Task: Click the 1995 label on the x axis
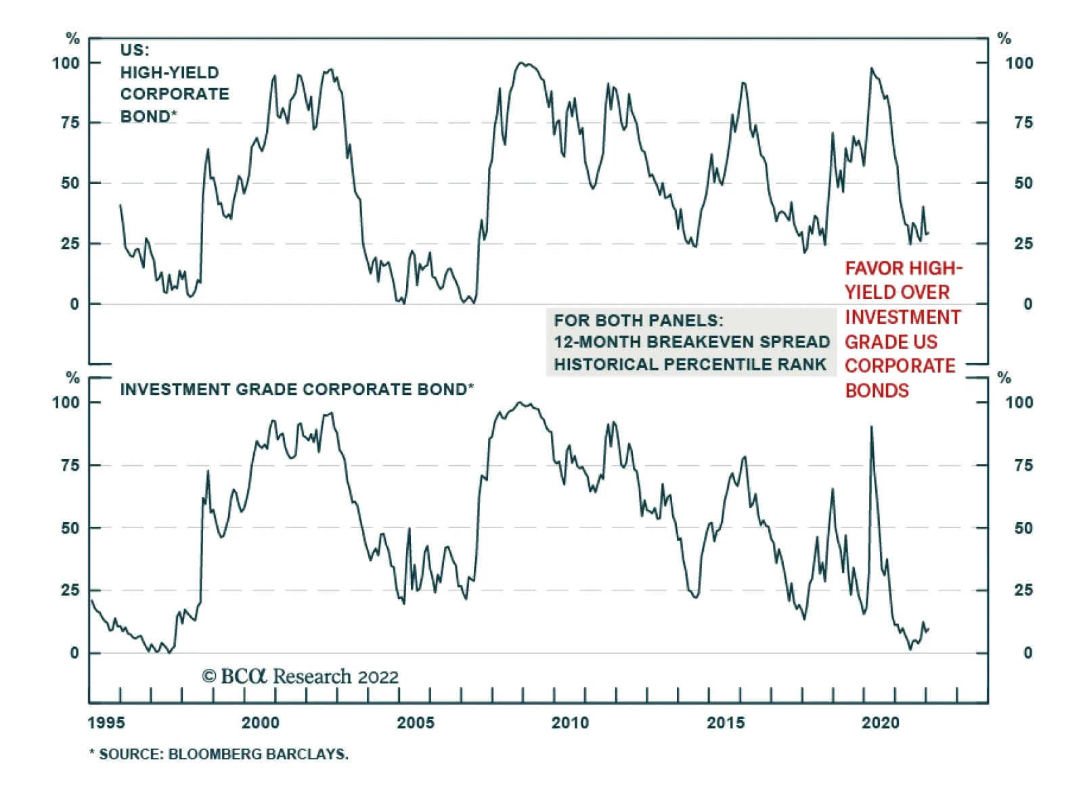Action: tap(106, 723)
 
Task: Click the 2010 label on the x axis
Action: tap(570, 723)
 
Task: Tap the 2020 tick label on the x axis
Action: tap(880, 723)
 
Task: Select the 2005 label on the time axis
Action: tap(416, 723)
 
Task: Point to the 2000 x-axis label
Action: tap(261, 723)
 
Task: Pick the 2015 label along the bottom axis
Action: tap(726, 723)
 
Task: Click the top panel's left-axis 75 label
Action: tap(70, 122)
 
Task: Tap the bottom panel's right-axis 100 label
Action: tap(1019, 402)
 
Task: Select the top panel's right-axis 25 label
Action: tap(1023, 243)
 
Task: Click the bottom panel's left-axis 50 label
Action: tap(70, 527)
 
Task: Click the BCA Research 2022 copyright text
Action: tap(300, 676)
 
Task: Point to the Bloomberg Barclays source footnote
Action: tap(219, 754)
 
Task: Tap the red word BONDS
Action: tap(877, 391)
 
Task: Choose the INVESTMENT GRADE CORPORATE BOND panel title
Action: tap(296, 390)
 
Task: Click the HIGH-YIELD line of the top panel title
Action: tap(170, 72)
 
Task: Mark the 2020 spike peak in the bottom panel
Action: tap(871, 427)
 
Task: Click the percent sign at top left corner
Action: tap(72, 39)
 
